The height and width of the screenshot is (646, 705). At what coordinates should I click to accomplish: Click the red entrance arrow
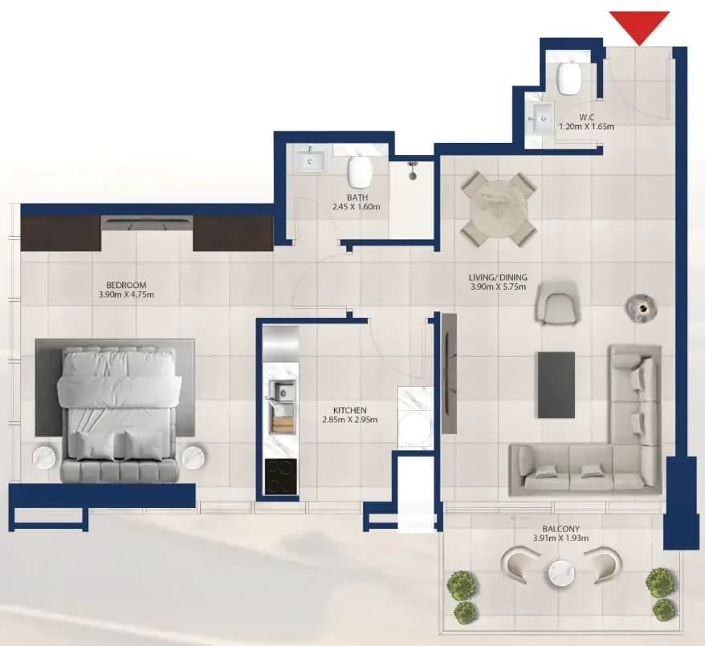point(639,26)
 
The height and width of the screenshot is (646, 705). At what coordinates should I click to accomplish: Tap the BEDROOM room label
point(126,285)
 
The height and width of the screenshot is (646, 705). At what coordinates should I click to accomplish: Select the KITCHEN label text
point(350,411)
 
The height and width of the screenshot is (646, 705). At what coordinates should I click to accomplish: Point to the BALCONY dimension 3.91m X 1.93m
point(560,538)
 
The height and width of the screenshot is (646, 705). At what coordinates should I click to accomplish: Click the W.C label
point(587,118)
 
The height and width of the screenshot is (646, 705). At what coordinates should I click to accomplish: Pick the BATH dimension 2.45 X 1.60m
point(356,207)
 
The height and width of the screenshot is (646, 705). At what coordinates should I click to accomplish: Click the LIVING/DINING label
point(498,278)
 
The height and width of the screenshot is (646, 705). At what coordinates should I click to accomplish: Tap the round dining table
point(498,209)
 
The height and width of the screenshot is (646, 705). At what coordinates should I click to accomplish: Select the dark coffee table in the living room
point(556,385)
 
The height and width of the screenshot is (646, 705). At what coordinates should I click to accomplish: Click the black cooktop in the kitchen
point(281,477)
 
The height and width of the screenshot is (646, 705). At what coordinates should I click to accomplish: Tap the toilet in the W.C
point(568,77)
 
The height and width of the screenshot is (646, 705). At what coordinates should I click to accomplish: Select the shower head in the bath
point(412,171)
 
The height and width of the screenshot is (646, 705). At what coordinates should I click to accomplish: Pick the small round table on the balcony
point(561,574)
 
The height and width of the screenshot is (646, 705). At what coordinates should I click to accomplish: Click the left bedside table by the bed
point(47,457)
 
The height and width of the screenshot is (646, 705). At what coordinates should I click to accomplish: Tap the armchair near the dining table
point(556,302)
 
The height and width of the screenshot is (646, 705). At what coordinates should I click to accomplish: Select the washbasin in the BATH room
point(310,160)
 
